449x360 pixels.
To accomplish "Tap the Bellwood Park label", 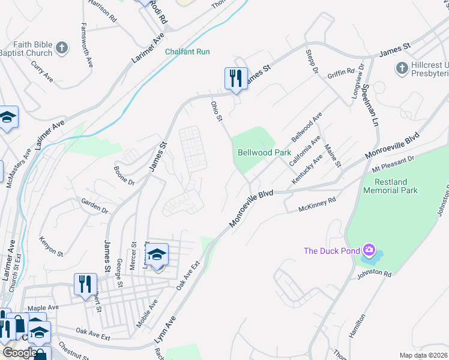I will coord(264,152).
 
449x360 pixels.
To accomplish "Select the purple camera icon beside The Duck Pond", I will coord(369,250).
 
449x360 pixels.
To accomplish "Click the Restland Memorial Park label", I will coord(390,186).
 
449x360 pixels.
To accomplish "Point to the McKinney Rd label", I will coord(318,205).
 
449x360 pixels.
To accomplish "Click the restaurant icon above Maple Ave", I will coord(85,283).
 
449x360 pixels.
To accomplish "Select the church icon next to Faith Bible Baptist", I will coord(62,48).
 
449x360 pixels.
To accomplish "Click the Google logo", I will coord(20,352).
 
